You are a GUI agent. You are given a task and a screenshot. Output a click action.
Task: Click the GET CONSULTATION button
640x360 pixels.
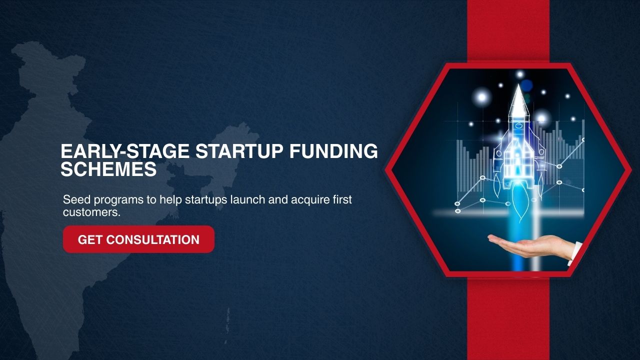[138, 239]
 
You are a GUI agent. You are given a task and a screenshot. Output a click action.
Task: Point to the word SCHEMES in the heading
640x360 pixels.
[108, 169]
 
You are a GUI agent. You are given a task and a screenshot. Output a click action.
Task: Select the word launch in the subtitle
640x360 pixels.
[247, 199]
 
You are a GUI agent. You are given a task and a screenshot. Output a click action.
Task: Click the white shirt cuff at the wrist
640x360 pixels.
[575, 253]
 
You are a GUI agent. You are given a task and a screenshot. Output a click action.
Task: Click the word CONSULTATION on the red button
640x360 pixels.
[153, 239]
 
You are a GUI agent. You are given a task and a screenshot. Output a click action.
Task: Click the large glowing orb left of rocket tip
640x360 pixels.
[482, 97]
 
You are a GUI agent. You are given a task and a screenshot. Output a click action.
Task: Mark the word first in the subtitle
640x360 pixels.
[342, 199]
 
